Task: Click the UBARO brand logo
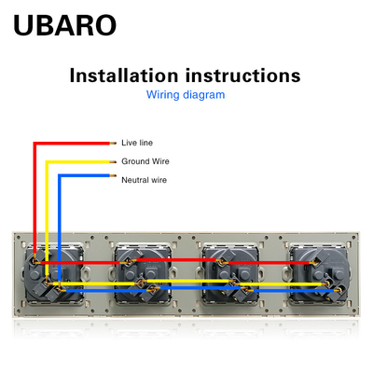[x=65, y=25]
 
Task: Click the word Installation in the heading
[x=124, y=76]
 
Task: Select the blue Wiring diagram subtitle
[x=186, y=94]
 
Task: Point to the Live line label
[x=137, y=143]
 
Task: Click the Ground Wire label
[x=145, y=161]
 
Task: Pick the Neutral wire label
[x=144, y=180]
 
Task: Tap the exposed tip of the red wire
[x=113, y=144]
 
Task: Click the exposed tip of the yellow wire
[x=113, y=162]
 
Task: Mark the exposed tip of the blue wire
[x=113, y=176]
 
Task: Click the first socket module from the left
[x=55, y=273]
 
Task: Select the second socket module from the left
[x=143, y=273]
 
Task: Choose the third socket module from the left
[x=230, y=273]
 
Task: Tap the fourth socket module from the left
[x=318, y=273]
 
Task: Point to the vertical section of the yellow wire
[x=47, y=217]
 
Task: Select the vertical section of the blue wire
[x=60, y=231]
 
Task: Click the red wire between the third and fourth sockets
[x=269, y=263]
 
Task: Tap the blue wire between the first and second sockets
[x=106, y=291]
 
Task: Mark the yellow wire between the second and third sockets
[x=187, y=281]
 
